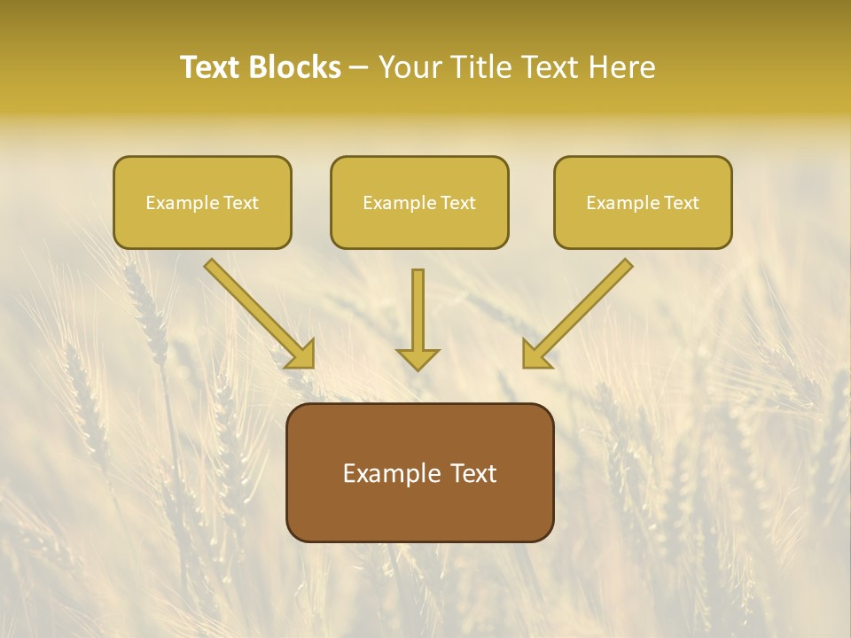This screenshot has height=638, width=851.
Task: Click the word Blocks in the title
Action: point(295,67)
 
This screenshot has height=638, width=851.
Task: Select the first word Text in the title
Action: point(213,67)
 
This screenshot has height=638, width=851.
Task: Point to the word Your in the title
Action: point(410,67)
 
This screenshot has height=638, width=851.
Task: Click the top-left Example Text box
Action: point(202,203)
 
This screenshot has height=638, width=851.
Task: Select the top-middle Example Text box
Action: point(419,203)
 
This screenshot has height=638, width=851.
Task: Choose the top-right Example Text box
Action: point(643,203)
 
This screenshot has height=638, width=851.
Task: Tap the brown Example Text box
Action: point(419,473)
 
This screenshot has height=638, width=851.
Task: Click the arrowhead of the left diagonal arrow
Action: point(301,354)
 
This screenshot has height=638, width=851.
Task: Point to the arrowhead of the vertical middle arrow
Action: point(418,359)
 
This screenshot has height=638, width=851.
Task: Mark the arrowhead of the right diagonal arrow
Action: point(535,354)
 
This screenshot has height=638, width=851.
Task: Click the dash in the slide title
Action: point(359,67)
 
